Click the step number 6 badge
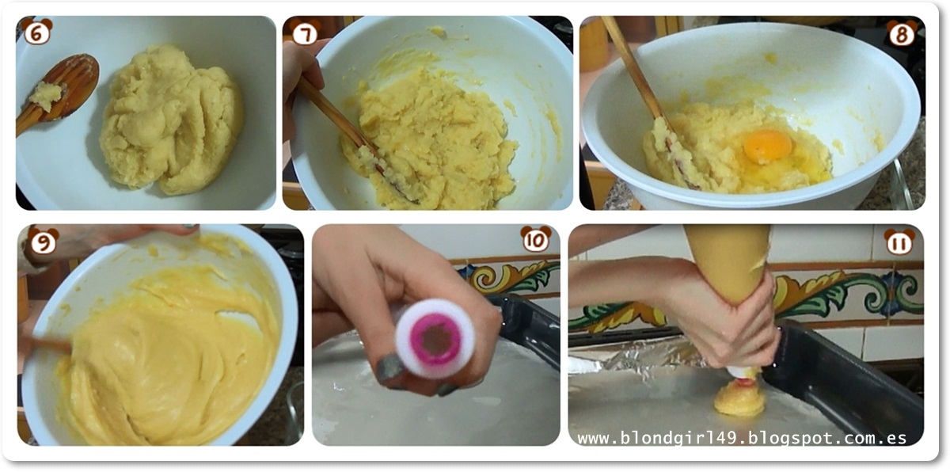coord(37,32)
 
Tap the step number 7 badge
coord(305,32)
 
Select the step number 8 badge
coord(902,33)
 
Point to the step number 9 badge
coord(44,241)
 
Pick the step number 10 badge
coord(536,239)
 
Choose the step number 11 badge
coord(899,242)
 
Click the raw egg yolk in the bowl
coord(768,147)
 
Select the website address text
coord(743,438)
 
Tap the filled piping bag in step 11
coord(728,263)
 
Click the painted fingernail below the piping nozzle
coord(389,367)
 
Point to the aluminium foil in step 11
coord(636,354)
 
